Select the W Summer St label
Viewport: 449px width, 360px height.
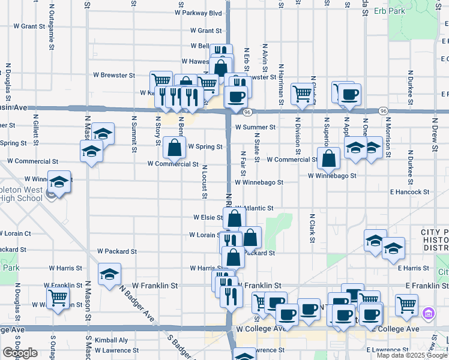pos(255,127)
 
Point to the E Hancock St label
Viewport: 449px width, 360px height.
pos(409,192)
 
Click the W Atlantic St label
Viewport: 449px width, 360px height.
pos(256,208)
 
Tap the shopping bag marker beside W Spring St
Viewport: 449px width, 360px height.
pos(173,146)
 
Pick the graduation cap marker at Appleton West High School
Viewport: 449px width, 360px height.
pos(59,182)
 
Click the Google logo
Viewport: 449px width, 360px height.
pos(20,353)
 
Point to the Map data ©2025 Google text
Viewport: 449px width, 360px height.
pos(412,355)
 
